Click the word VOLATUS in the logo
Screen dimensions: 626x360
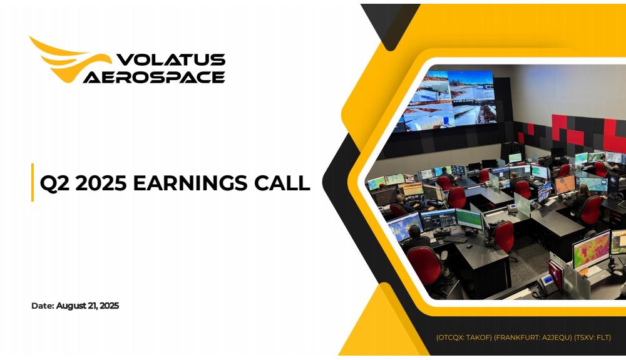(171, 59)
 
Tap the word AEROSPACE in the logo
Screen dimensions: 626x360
(154, 77)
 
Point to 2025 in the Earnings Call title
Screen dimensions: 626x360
(101, 183)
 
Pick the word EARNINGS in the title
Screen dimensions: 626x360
(190, 183)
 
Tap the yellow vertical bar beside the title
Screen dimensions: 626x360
(33, 182)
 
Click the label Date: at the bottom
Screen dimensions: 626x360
(43, 306)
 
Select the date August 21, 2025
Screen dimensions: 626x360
(88, 306)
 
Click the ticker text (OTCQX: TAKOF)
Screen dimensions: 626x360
(464, 337)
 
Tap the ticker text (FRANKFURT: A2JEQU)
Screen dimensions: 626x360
(533, 337)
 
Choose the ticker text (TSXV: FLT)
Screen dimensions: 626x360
(592, 337)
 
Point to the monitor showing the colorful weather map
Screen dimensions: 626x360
(592, 251)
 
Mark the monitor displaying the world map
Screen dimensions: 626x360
(405, 227)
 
